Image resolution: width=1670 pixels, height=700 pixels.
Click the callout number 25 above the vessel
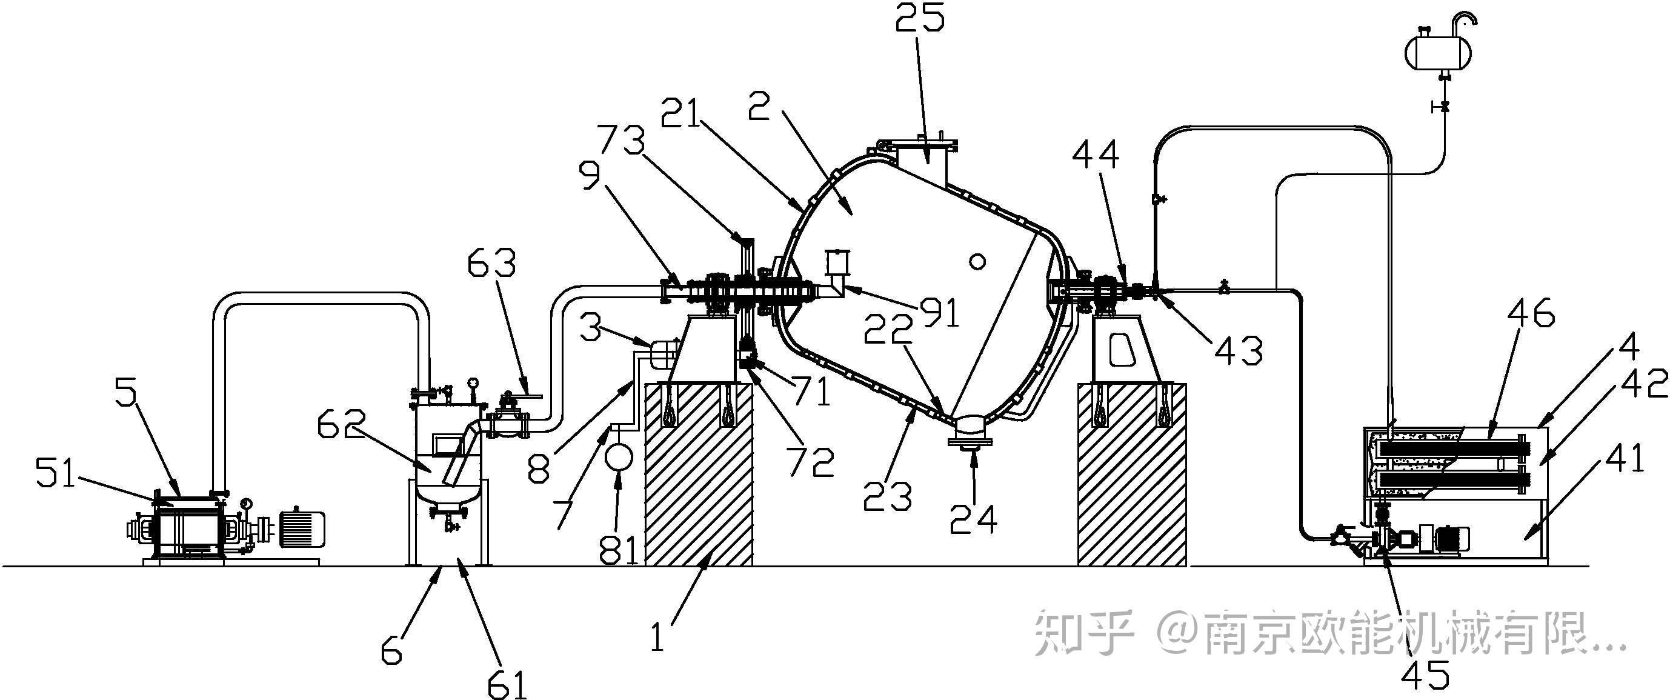(x=920, y=19)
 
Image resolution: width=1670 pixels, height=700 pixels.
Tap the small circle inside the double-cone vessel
(x=977, y=261)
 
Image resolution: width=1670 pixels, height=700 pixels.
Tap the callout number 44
(x=1096, y=155)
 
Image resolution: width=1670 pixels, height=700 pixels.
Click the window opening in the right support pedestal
(x=1123, y=350)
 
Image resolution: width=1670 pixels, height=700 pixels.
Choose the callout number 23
(x=888, y=496)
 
